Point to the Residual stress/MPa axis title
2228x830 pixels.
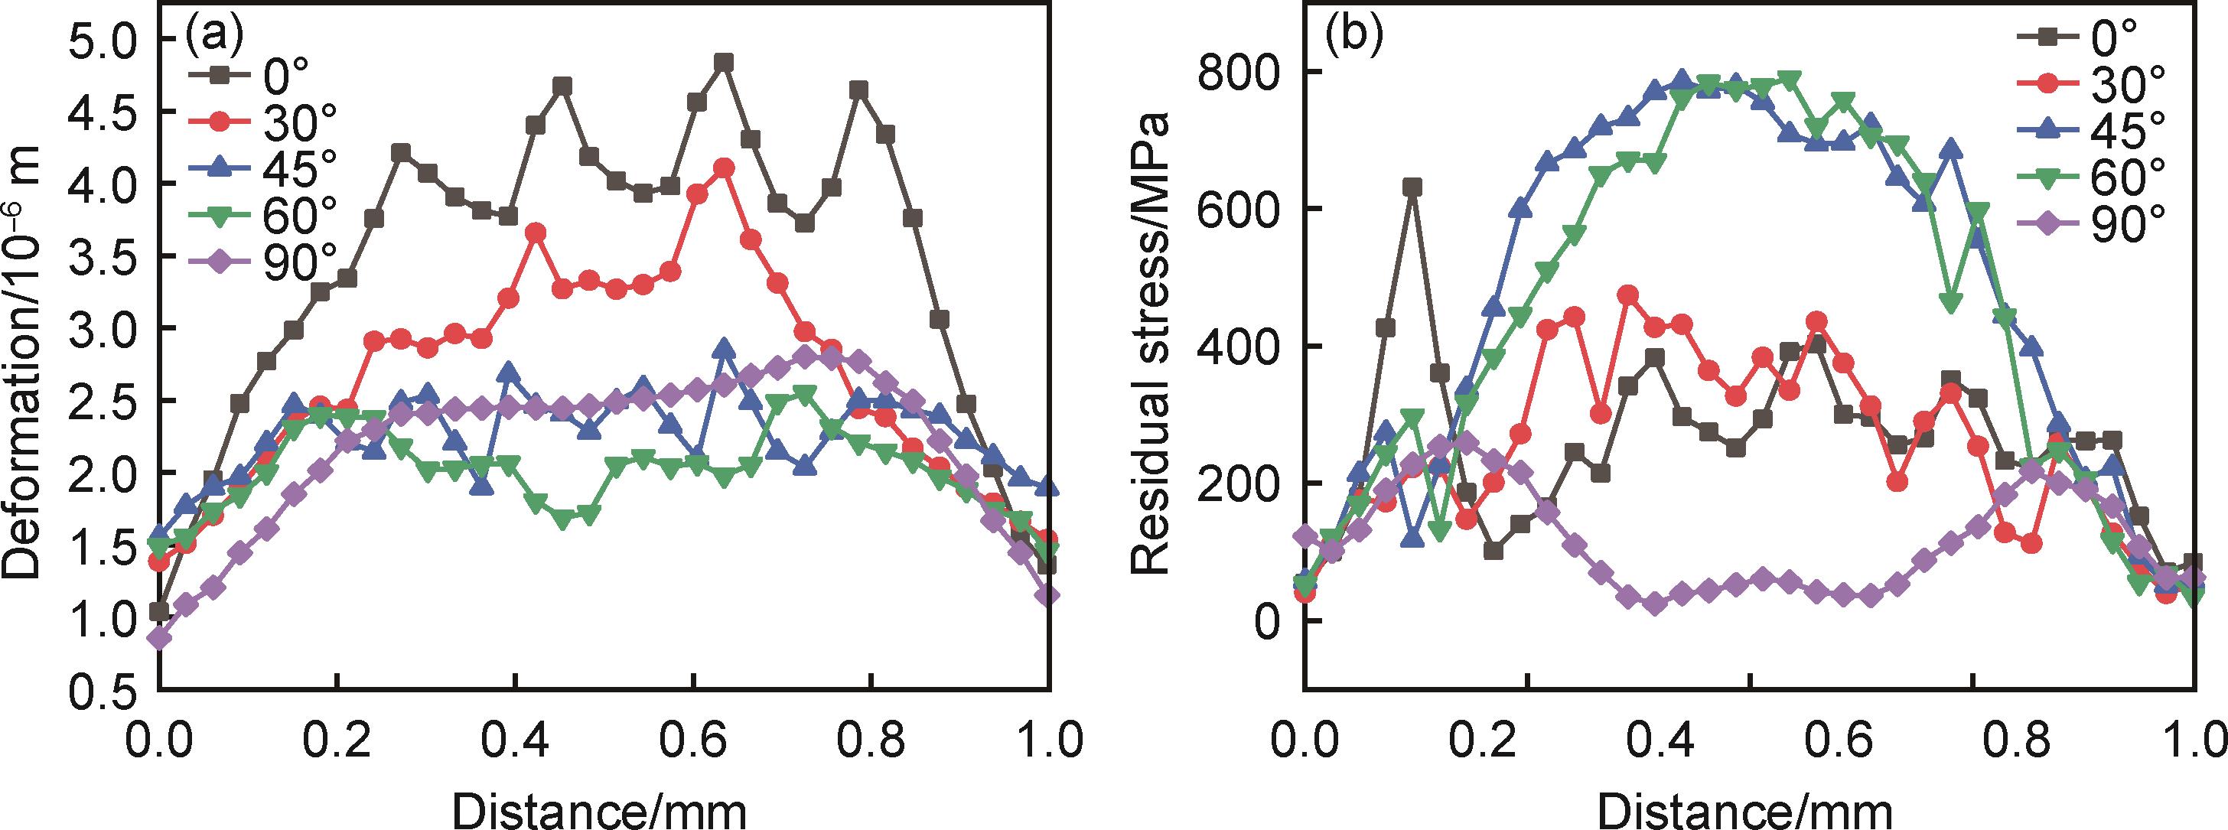[x=1150, y=346]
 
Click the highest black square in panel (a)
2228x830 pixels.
[x=724, y=62]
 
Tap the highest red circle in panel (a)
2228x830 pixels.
[x=724, y=168]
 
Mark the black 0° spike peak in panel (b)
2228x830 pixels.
[x=1412, y=187]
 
